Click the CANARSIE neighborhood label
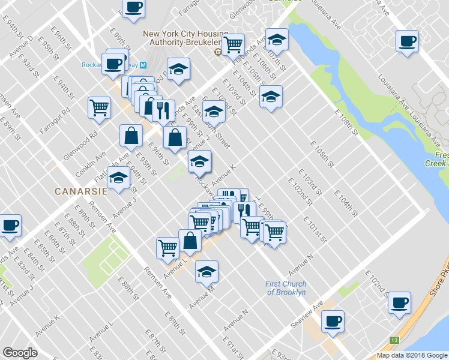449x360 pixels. (x=80, y=191)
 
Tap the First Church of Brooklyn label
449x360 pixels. (x=286, y=288)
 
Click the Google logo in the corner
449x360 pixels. (x=20, y=353)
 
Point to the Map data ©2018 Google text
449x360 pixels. (x=412, y=355)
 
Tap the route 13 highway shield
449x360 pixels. (x=394, y=340)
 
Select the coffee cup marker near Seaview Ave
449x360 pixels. (x=333, y=321)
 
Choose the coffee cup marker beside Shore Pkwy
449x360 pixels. (x=399, y=302)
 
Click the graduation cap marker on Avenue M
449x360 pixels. (x=206, y=271)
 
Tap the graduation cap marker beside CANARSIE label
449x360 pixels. (x=119, y=178)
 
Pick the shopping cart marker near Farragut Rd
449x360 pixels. (x=99, y=107)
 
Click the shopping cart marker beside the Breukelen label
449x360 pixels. (x=232, y=43)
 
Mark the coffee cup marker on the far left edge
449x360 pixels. (x=10, y=225)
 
